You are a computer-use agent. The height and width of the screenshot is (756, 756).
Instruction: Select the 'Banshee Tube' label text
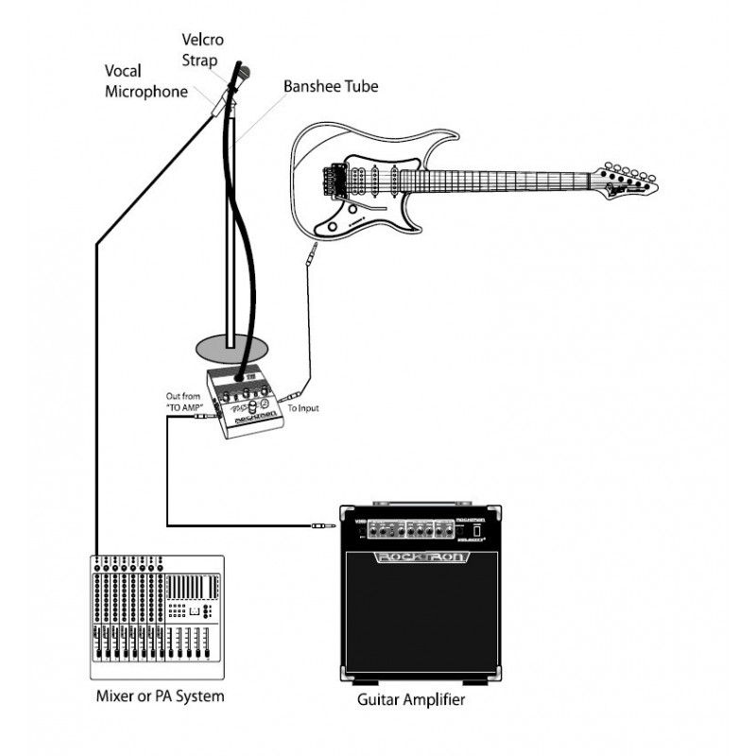[331, 86]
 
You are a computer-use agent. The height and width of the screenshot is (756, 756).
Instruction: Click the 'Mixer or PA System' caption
[161, 697]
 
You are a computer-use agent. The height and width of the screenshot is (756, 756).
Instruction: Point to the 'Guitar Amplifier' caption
[411, 701]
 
